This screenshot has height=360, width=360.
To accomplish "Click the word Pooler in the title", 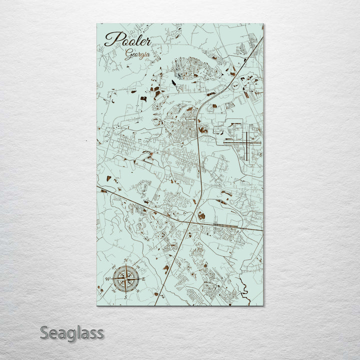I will click(x=127, y=39).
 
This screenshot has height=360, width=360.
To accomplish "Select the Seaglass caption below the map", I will click(x=72, y=332).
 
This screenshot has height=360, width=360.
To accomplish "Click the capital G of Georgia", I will click(x=127, y=54).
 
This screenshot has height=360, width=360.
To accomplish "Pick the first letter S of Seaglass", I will click(x=45, y=332).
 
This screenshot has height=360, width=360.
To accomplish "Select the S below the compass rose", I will click(x=125, y=297).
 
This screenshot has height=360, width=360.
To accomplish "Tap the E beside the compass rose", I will click(x=143, y=278).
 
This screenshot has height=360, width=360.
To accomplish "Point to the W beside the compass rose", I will click(x=107, y=279).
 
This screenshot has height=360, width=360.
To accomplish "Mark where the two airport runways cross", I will click(x=247, y=141).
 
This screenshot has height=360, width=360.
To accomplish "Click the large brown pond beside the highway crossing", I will click(x=201, y=216).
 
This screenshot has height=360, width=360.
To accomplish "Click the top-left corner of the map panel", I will click(x=97, y=24).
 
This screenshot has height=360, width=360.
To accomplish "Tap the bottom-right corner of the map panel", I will click(x=263, y=305).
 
